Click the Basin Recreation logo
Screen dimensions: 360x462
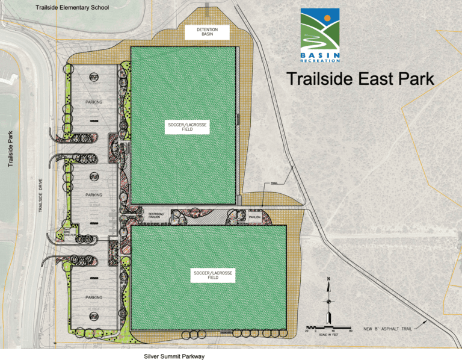pyautogui.click(x=320, y=36)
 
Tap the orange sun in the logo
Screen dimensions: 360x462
pyautogui.click(x=327, y=19)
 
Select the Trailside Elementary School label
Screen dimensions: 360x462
pyautogui.click(x=72, y=8)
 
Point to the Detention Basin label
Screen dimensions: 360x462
pyautogui.click(x=207, y=32)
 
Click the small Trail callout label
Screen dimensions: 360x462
pyautogui.click(x=274, y=184)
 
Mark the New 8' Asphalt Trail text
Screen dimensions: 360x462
pyautogui.click(x=388, y=329)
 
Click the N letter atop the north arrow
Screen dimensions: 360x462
pyautogui.click(x=328, y=279)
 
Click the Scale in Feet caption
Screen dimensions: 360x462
pyautogui.click(x=328, y=335)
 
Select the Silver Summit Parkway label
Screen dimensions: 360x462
pyautogui.click(x=175, y=356)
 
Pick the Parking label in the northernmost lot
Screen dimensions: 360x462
pyautogui.click(x=94, y=102)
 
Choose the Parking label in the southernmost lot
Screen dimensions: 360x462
pyautogui.click(x=94, y=297)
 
